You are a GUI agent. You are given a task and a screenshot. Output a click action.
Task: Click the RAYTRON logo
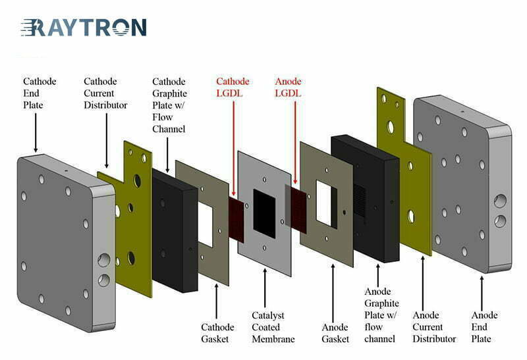(84, 27)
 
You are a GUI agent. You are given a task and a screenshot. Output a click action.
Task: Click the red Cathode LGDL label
(233, 87)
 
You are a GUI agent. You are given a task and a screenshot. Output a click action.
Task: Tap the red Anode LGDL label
(288, 87)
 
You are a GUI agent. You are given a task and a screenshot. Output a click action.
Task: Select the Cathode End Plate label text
(40, 93)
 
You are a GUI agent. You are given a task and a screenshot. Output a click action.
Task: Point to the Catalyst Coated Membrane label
(273, 327)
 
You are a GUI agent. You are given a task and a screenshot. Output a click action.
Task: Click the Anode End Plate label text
(484, 326)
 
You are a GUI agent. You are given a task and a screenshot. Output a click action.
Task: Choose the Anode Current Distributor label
(434, 326)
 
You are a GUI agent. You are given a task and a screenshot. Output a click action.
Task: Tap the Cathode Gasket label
(217, 333)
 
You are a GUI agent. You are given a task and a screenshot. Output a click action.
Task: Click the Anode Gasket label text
(335, 333)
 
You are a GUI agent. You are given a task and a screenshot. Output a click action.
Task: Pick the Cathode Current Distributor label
(105, 93)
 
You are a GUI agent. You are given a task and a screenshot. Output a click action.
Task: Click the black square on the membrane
(264, 214)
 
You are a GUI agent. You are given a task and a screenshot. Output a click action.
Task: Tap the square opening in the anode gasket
(326, 203)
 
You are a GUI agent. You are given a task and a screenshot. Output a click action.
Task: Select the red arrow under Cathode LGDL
(234, 149)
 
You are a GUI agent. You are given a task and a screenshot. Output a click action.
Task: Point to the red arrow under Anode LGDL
(295, 143)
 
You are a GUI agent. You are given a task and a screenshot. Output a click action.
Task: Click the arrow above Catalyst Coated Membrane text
(265, 288)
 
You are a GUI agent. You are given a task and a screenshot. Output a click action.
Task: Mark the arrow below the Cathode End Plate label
(36, 133)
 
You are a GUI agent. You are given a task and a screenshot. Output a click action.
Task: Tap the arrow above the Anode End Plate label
(482, 293)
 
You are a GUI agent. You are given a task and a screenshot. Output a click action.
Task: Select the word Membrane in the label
(273, 339)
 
